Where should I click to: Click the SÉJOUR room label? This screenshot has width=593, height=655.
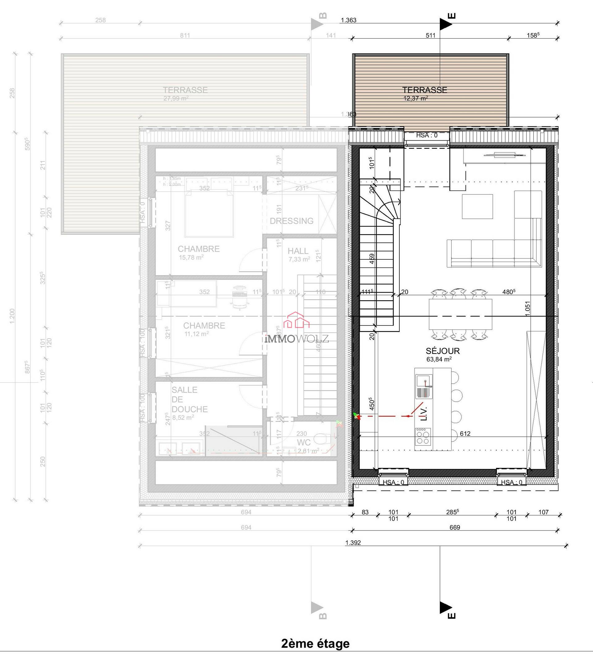pos(443,351)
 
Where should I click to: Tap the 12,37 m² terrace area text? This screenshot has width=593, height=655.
pos(416,99)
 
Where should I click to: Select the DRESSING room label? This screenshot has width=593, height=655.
pos(292,221)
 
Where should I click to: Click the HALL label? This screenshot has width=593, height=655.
pos(298,251)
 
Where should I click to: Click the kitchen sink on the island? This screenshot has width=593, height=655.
pos(424,386)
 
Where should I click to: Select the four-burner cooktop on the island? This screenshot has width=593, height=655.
pos(423,437)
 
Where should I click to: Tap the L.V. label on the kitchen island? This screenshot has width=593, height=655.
pos(424,414)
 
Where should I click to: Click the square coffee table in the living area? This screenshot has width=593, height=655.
pos(477,207)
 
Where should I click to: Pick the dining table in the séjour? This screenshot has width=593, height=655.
pos(460,314)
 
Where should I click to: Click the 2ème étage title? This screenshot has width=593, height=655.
pos(315,644)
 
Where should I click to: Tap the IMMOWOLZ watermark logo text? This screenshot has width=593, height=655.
pos(296,339)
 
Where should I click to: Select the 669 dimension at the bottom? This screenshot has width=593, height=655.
pos(455,528)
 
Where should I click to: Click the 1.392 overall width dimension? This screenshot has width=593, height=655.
pos(353,543)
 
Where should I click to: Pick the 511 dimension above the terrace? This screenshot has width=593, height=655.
pos(430,36)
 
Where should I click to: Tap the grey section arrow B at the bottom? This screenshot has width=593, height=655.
pos(317,607)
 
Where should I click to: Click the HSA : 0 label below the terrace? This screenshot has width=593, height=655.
pos(427,136)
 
